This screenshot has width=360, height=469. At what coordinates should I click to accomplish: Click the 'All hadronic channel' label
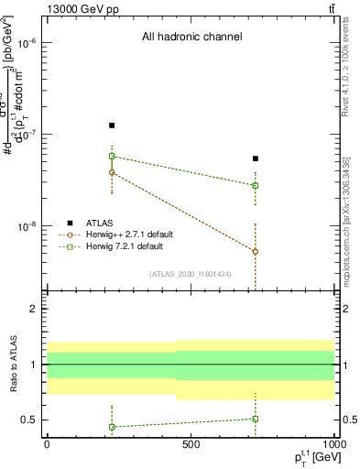click(x=191, y=38)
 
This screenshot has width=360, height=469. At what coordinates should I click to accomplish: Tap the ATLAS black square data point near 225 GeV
click(x=112, y=125)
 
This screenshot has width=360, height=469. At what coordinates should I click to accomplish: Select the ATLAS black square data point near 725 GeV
click(x=256, y=158)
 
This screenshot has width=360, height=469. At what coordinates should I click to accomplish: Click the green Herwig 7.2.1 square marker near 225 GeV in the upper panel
click(x=112, y=156)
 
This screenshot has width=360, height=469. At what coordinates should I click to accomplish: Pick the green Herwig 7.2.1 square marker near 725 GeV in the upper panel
click(x=256, y=185)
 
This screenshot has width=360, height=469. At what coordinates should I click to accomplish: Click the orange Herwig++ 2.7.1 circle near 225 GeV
click(x=112, y=172)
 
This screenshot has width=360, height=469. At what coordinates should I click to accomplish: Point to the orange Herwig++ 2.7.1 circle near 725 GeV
click(x=256, y=251)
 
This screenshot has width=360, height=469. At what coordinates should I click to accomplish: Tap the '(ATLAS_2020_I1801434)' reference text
click(x=191, y=274)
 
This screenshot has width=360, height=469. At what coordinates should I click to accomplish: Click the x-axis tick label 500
click(x=191, y=443)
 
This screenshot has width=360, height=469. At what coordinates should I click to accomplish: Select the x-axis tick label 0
click(x=47, y=443)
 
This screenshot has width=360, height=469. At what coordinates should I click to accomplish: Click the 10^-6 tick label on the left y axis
click(x=30, y=43)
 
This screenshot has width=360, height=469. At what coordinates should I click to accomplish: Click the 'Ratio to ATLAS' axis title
click(x=14, y=365)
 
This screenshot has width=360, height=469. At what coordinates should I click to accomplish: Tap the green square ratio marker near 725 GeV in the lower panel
click(x=256, y=419)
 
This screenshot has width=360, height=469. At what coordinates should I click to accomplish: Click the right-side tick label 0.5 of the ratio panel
click(x=347, y=420)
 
